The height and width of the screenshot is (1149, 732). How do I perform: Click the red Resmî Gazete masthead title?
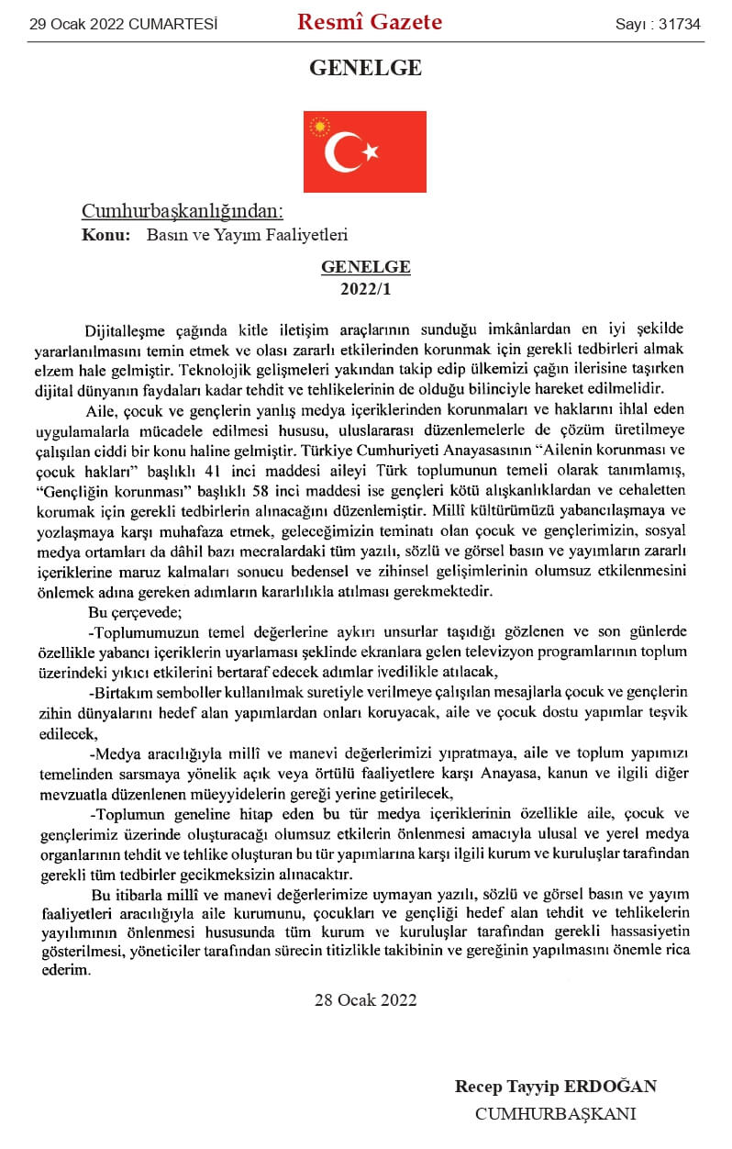click(369, 22)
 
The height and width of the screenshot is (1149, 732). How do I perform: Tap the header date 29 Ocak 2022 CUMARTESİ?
click(124, 25)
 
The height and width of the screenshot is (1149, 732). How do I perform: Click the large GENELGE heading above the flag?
click(365, 68)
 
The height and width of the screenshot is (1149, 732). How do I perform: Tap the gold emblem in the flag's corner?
click(320, 126)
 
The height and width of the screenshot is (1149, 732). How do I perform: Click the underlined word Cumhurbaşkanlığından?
click(183, 212)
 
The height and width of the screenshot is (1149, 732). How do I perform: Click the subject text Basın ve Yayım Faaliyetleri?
click(247, 235)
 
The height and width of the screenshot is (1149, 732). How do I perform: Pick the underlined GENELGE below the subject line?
click(365, 267)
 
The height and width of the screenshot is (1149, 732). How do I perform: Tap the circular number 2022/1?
click(365, 286)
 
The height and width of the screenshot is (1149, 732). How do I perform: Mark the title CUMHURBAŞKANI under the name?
click(555, 1113)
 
